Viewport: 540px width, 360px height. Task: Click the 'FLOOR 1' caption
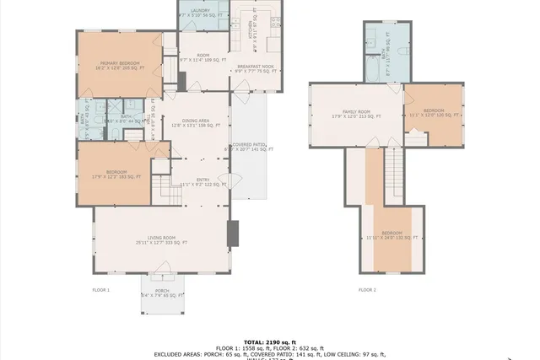101,289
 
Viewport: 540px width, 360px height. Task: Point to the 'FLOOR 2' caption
367,289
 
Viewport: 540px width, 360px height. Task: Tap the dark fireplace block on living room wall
234,234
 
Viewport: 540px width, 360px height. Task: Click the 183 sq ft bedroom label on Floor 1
116,175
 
